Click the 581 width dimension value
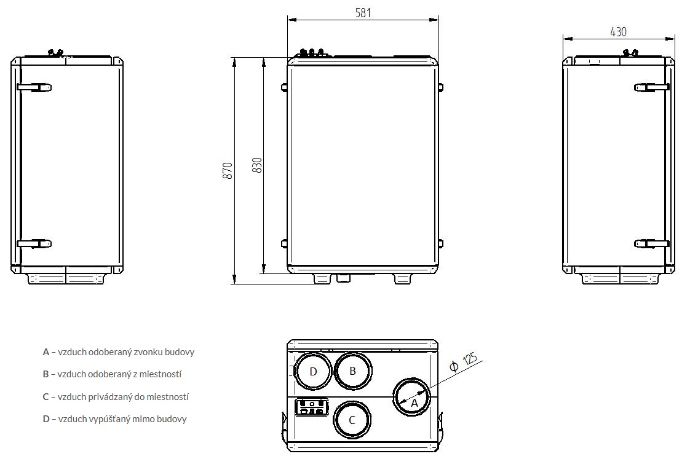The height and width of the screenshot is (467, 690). tap(363, 12)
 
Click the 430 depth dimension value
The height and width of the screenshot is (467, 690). tap(618, 32)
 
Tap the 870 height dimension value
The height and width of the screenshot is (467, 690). tap(228, 170)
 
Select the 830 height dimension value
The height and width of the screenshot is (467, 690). tap(258, 165)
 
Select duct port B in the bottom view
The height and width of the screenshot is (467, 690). tap(352, 371)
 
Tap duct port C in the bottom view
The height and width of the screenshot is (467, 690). tap(352, 420)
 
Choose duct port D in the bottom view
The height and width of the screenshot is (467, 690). tap(313, 372)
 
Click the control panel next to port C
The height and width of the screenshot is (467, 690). tap(312, 407)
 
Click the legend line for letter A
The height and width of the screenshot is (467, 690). tap(119, 352)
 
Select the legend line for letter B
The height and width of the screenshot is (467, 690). tap(113, 374)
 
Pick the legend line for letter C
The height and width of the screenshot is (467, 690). tap(116, 397)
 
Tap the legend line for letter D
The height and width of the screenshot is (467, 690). tap(115, 419)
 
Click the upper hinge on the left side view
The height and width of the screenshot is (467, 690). tap(34, 87)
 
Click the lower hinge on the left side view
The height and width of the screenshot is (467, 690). tap(34, 244)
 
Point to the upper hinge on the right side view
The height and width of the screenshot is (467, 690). tap(651, 87)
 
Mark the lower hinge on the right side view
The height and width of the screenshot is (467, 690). tap(651, 244)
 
